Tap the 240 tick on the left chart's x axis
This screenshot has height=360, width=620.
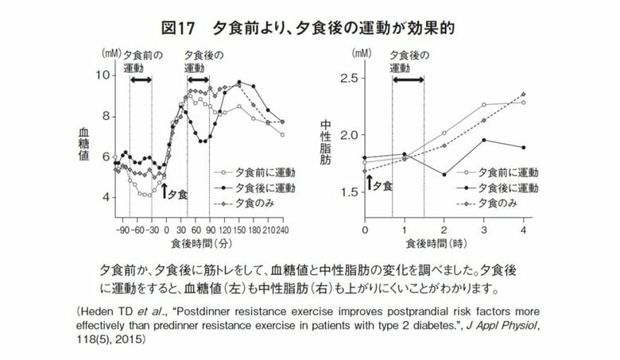(x=282, y=229)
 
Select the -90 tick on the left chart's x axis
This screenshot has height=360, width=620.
(x=122, y=229)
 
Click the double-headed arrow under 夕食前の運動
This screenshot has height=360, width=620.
(x=141, y=79)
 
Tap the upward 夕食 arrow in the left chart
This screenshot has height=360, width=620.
(x=165, y=191)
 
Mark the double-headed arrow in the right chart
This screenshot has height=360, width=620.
(x=408, y=79)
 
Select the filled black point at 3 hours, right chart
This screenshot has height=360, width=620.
(x=483, y=140)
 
